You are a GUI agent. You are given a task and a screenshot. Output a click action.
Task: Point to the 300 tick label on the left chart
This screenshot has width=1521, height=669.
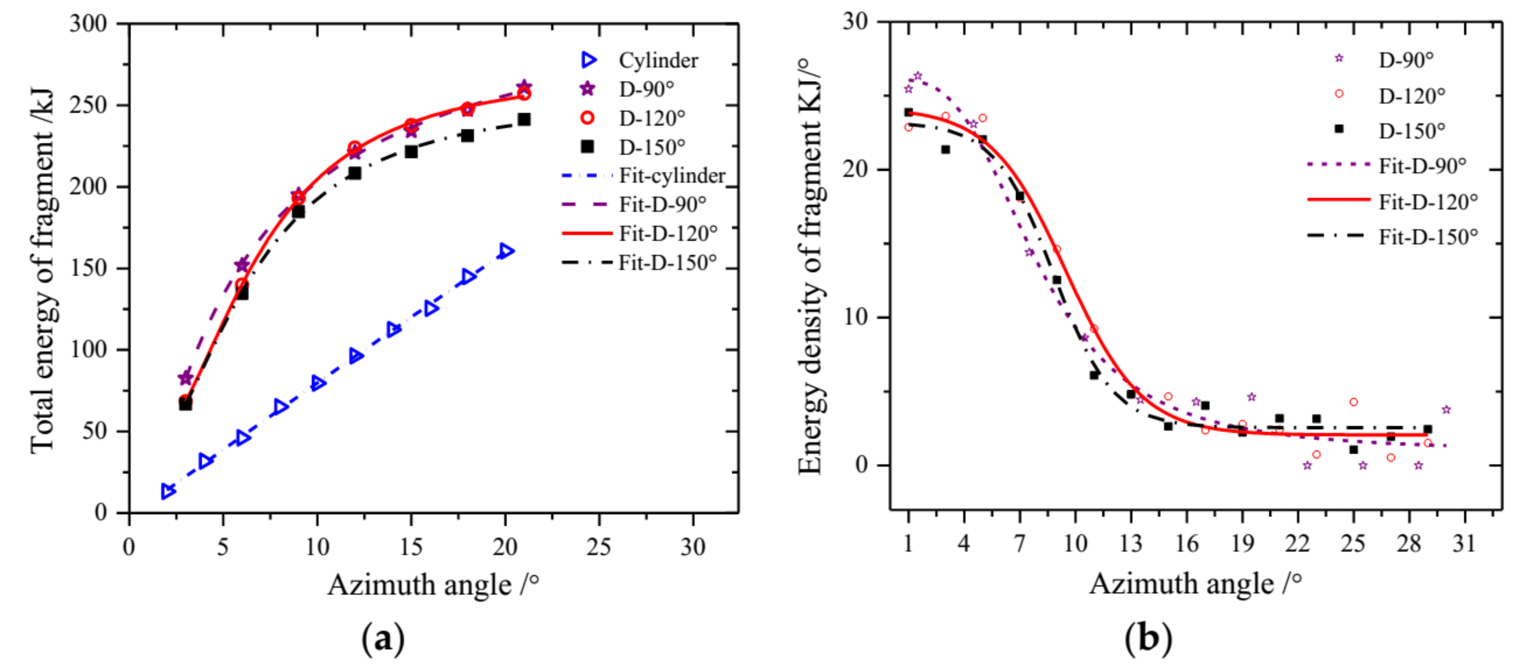(x=89, y=24)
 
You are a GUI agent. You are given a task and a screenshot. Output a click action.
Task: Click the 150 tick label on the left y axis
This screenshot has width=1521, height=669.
(x=89, y=268)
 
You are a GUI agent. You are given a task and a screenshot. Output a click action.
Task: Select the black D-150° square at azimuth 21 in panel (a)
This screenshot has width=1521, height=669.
(x=524, y=120)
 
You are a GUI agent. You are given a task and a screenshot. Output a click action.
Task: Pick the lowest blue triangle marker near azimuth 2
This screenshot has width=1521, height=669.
(x=168, y=491)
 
